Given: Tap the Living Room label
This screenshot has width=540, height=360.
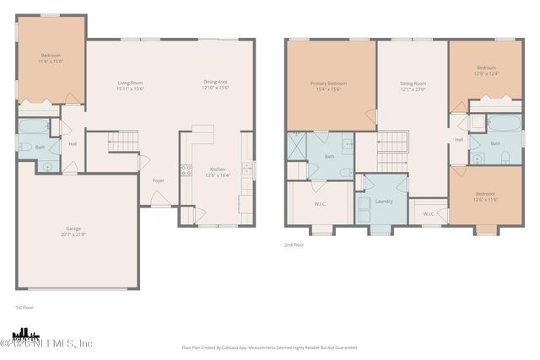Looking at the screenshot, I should click(x=130, y=83).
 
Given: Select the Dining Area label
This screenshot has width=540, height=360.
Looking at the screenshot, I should click(x=215, y=83).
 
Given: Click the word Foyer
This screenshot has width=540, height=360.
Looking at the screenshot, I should click(x=158, y=180).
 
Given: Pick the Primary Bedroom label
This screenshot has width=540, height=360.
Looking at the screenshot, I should click(x=328, y=83).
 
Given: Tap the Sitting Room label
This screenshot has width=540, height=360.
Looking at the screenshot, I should click(x=413, y=83).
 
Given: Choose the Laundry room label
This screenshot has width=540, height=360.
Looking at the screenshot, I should click(x=385, y=201).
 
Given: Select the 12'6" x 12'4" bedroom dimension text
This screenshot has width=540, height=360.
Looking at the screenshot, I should click(x=487, y=73).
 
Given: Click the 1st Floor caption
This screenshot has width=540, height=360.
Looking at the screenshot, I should click(x=24, y=308).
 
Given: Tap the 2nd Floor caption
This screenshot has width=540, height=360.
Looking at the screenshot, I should click(x=294, y=245).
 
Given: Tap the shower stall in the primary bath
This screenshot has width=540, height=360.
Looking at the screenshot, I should click(x=297, y=147).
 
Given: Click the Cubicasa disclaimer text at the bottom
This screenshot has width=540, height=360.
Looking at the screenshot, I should click(x=269, y=347).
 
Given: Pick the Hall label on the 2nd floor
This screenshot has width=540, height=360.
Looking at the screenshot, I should click(x=459, y=140).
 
